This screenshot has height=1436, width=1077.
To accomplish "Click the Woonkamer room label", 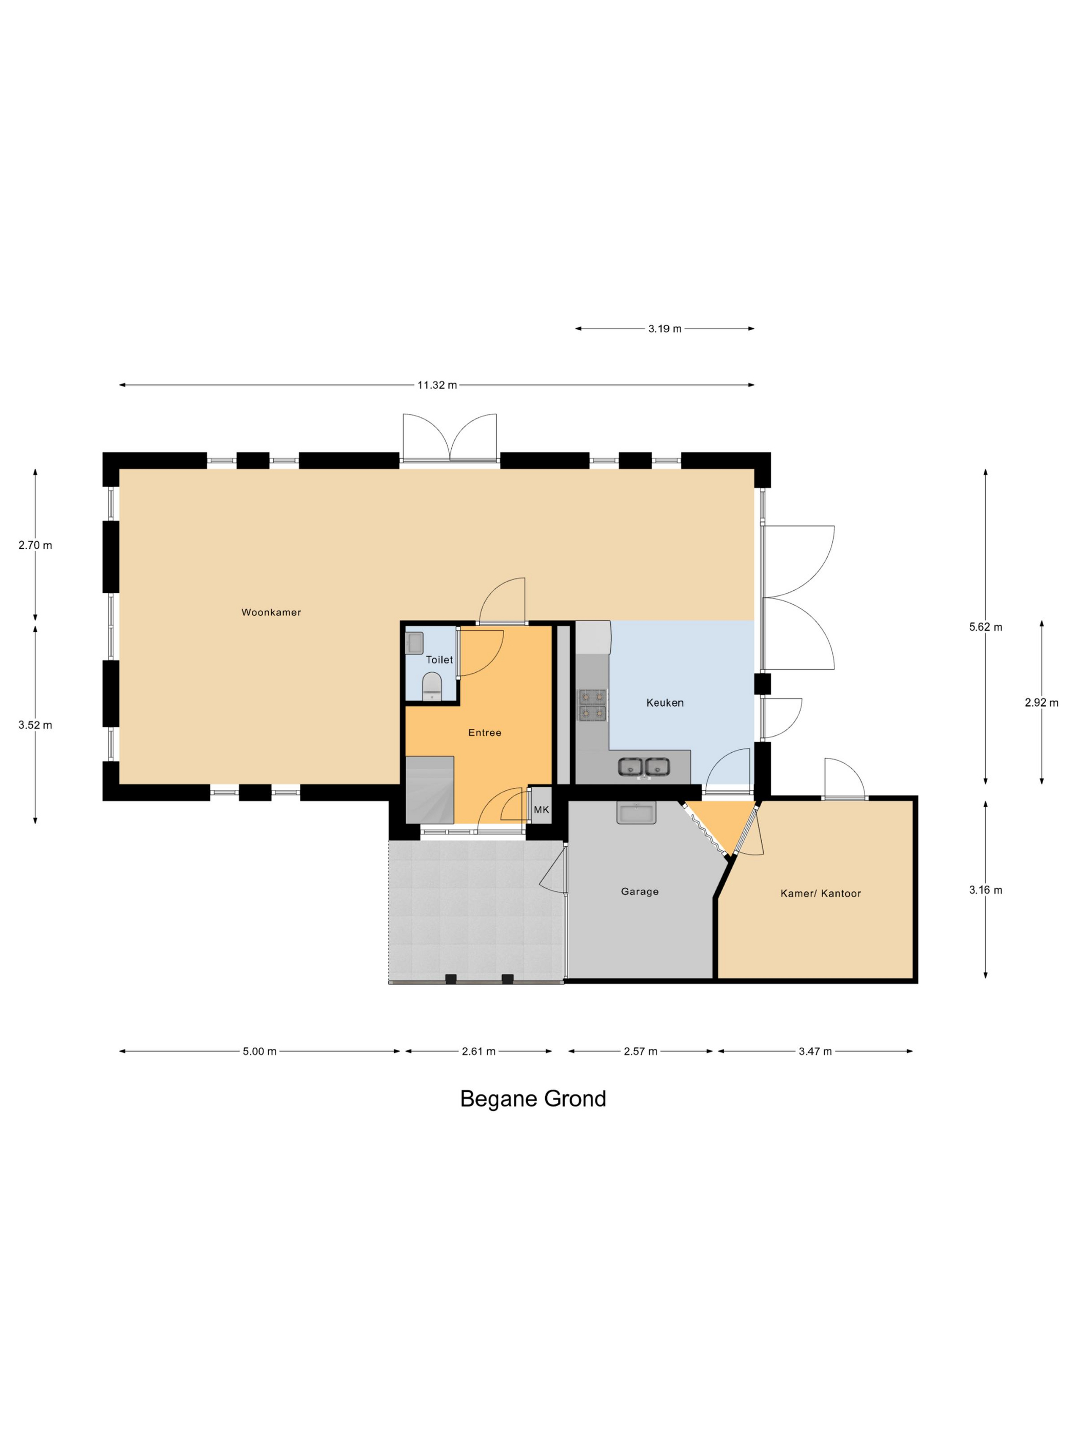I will tap(271, 612).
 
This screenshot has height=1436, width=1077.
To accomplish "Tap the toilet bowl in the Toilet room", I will tap(432, 686).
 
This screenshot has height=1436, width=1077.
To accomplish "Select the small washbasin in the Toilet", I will tap(414, 643).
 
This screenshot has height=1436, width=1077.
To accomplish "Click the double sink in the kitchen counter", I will tap(644, 767).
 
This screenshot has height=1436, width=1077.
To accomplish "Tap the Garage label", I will tap(640, 891).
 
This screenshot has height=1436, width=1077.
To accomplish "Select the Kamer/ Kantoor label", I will tap(820, 893).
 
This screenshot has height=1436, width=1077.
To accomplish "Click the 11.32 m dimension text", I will tap(436, 385).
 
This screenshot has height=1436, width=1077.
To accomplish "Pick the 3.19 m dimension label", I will tap(664, 329).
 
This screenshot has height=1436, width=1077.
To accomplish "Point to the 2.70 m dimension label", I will tap(35, 545).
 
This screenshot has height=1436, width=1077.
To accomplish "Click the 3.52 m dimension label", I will tap(35, 725).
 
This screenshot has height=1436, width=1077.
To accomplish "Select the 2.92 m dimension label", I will tap(1041, 703).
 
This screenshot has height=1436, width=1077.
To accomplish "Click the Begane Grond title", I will tap(532, 1099).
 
